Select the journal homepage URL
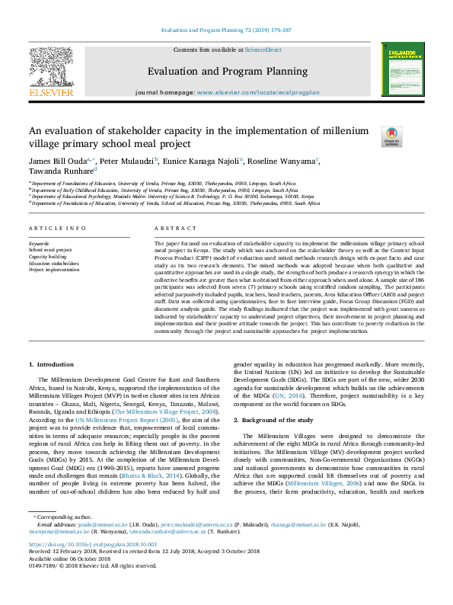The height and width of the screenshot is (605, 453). pyautogui.click(x=258, y=92)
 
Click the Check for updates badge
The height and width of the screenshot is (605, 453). pyautogui.click(x=391, y=136)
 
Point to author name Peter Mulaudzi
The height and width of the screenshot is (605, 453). pyautogui.click(x=127, y=161)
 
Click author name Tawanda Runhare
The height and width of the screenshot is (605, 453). pyautogui.click(x=61, y=171)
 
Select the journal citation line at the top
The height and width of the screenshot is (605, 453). pyautogui.click(x=226, y=30)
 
